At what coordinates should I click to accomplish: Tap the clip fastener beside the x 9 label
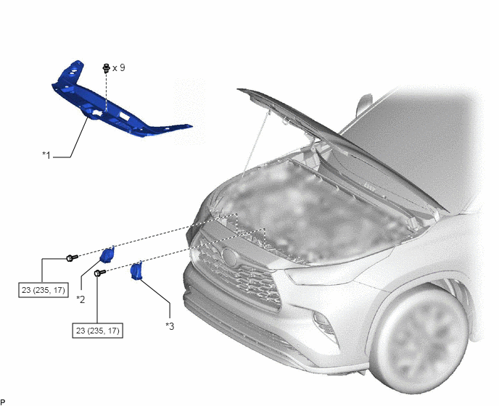(x=106, y=68)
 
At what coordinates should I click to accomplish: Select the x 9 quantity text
(x=119, y=67)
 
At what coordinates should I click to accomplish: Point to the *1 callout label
(x=46, y=155)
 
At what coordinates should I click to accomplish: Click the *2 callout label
(x=81, y=299)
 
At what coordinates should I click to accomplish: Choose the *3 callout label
(x=170, y=326)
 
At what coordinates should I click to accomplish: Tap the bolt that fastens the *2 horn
(x=72, y=257)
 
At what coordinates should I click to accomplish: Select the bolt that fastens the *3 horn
(x=100, y=273)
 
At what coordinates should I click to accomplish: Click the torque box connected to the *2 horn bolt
(x=44, y=290)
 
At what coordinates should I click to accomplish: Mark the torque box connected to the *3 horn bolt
(x=98, y=331)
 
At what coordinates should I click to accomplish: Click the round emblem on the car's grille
(x=228, y=257)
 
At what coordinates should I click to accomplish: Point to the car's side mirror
(x=363, y=104)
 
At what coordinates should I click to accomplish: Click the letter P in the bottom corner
(x=3, y=402)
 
